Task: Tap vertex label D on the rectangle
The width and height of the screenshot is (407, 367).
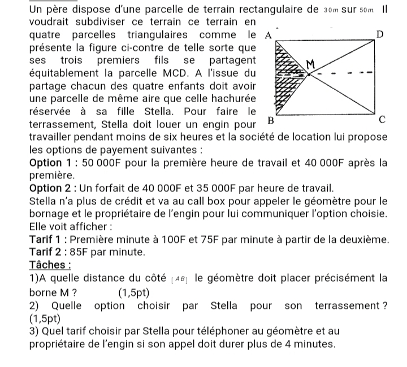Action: pos(380,35)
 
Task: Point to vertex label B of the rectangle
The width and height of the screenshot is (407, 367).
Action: pos(270,120)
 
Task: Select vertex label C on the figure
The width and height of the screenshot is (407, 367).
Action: pos(382,120)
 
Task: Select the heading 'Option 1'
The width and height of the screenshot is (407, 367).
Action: pos(53,163)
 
